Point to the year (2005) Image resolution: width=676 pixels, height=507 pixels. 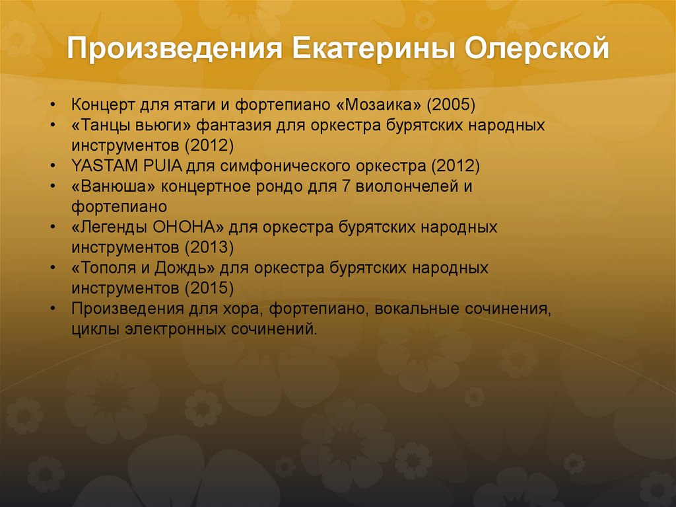point(452,105)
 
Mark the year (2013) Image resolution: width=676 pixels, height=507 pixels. point(209,248)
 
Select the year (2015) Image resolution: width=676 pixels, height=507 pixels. point(209,289)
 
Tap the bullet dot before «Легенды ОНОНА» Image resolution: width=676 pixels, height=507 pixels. point(52,227)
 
